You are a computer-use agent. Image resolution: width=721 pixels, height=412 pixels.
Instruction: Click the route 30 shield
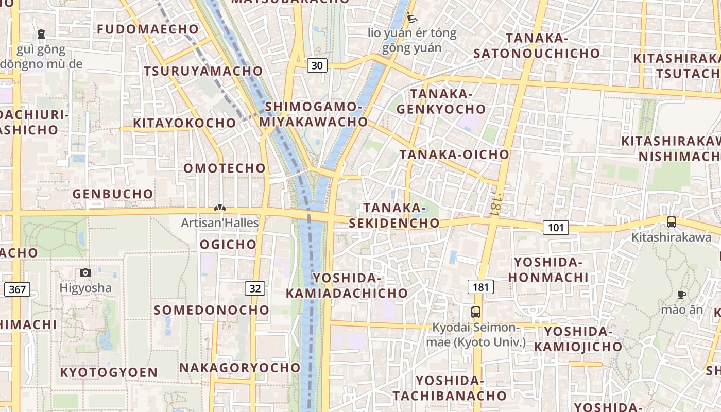(x=318, y=65)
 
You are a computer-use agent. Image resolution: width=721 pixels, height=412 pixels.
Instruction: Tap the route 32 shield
(x=255, y=288)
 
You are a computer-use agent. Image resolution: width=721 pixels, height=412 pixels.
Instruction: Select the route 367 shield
(x=17, y=289)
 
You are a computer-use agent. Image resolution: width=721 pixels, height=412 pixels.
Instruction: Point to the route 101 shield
(x=556, y=227)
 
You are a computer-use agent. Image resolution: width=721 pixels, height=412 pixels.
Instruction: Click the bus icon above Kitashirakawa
(x=672, y=222)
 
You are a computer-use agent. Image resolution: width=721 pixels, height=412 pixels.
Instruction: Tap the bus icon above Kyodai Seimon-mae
(x=476, y=312)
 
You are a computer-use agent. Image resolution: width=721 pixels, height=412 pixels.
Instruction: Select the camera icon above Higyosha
(x=85, y=272)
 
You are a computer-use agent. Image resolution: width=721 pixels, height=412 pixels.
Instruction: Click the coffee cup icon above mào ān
(x=682, y=295)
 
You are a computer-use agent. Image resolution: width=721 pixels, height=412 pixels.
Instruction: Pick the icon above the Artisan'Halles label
(x=220, y=208)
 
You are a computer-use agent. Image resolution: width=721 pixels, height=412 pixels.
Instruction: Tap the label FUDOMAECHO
(x=148, y=29)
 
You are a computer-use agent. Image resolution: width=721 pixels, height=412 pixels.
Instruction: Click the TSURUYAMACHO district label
(x=203, y=71)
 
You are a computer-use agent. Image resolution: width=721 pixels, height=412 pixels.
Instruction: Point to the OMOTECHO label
(x=225, y=168)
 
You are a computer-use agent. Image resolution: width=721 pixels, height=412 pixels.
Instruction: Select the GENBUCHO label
(x=113, y=194)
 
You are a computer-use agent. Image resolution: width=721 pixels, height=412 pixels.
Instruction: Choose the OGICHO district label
(x=228, y=244)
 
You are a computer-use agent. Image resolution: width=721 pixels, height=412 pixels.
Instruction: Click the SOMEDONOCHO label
(x=212, y=310)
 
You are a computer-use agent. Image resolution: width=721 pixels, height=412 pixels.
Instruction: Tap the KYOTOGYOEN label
(x=109, y=372)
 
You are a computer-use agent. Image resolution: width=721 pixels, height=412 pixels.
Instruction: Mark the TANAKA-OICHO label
(x=454, y=154)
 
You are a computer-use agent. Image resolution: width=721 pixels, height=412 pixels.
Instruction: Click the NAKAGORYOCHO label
(x=240, y=368)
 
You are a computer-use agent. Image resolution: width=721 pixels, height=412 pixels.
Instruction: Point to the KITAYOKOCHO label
(x=184, y=123)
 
